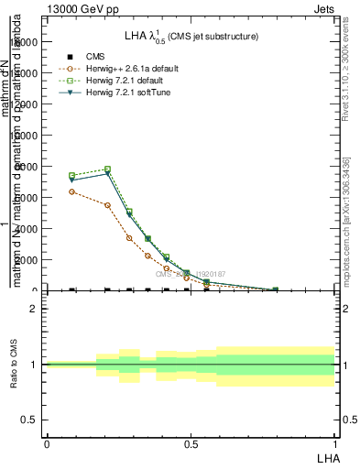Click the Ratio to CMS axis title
tap(15, 365)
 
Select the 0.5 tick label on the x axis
tap(191, 442)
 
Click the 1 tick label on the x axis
tap(335, 442)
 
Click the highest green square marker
tap(108, 169)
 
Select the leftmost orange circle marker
tap(71, 191)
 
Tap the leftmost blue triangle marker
tap(71, 180)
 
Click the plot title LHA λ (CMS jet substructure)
tap(191, 36)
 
